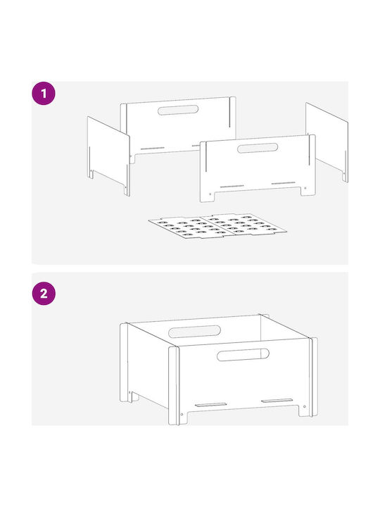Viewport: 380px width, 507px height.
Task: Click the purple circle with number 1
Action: click(x=44, y=94)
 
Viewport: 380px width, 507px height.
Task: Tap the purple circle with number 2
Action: click(x=44, y=293)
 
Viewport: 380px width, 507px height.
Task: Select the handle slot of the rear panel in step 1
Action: click(x=178, y=110)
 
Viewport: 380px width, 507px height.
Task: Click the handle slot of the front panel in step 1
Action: click(x=258, y=148)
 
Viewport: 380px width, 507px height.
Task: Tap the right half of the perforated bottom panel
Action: click(x=242, y=224)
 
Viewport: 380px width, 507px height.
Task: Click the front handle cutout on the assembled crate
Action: click(x=243, y=354)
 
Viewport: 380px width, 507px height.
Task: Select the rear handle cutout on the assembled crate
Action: click(x=194, y=332)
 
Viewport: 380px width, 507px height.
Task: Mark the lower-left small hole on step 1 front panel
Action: click(x=210, y=194)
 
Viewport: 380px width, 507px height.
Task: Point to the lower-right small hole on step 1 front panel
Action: click(x=305, y=187)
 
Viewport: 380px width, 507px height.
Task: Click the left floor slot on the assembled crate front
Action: click(x=210, y=404)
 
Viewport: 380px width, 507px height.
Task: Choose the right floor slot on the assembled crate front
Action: click(x=277, y=401)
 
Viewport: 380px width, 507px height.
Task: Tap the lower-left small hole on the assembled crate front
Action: click(x=182, y=414)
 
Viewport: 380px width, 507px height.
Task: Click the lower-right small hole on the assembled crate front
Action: click(x=304, y=407)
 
